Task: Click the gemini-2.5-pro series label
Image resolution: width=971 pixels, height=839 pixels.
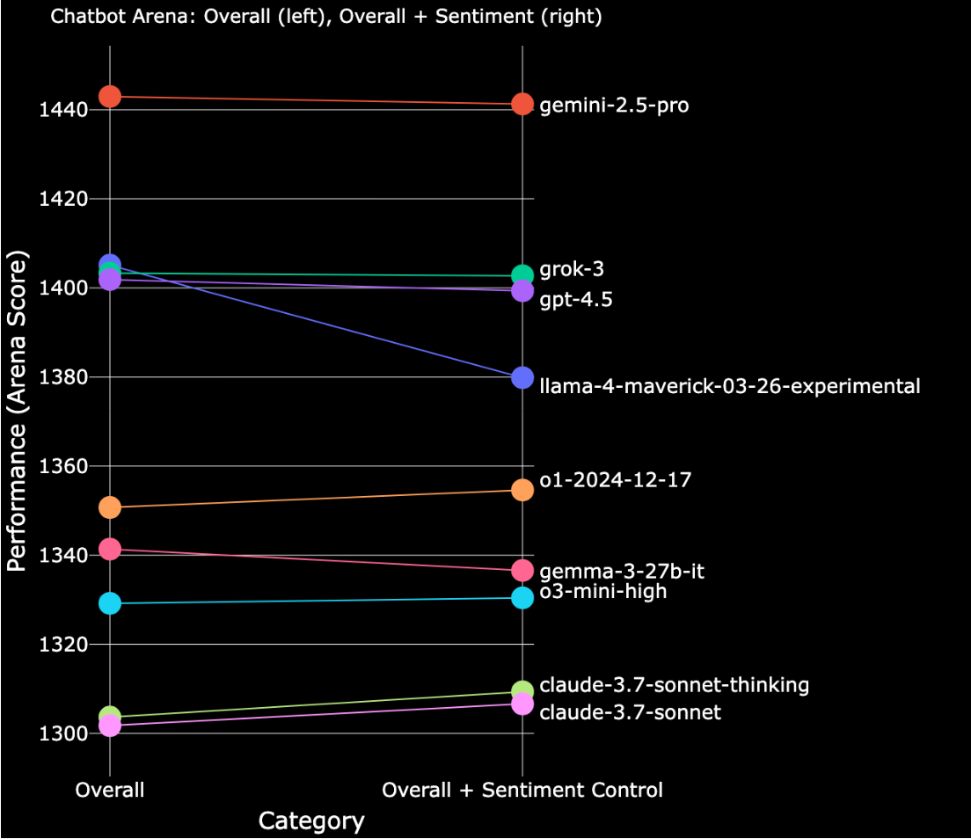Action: [614, 106]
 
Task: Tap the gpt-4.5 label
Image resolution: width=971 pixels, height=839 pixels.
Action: [576, 300]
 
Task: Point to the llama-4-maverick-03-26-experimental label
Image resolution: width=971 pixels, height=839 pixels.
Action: [730, 386]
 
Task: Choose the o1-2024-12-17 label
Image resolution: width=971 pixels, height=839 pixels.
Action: [616, 480]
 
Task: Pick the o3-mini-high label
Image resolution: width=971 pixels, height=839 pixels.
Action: [603, 592]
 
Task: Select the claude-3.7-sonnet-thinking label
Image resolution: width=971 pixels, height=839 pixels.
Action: [675, 685]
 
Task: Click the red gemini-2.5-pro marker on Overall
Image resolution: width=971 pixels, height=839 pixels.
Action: [110, 96]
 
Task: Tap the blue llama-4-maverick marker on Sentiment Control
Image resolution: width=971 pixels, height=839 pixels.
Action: [522, 377]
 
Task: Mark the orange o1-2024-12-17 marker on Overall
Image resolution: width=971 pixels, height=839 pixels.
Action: [110, 507]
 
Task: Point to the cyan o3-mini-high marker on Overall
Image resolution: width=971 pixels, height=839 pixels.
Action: [110, 603]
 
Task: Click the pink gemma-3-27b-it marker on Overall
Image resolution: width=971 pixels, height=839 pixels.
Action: [110, 549]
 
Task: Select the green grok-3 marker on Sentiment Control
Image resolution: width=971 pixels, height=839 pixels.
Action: [522, 275]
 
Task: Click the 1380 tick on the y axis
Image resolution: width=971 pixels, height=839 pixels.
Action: [62, 377]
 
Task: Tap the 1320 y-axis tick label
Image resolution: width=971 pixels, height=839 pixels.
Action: [62, 645]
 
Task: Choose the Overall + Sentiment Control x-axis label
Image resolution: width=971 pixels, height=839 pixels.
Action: [522, 791]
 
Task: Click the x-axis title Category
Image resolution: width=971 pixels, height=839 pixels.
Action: [311, 821]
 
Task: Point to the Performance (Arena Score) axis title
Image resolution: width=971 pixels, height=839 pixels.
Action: [17, 411]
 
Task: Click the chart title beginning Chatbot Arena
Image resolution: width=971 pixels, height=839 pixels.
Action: [326, 17]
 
